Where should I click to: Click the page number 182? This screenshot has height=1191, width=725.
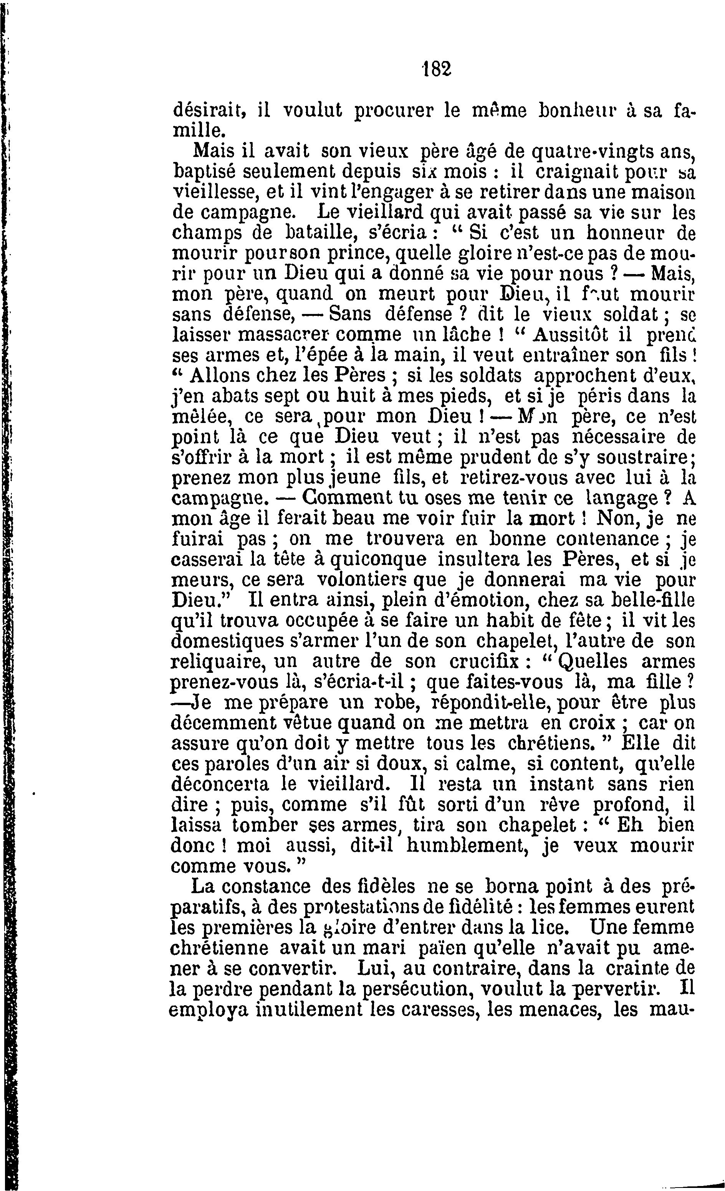tap(435, 69)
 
